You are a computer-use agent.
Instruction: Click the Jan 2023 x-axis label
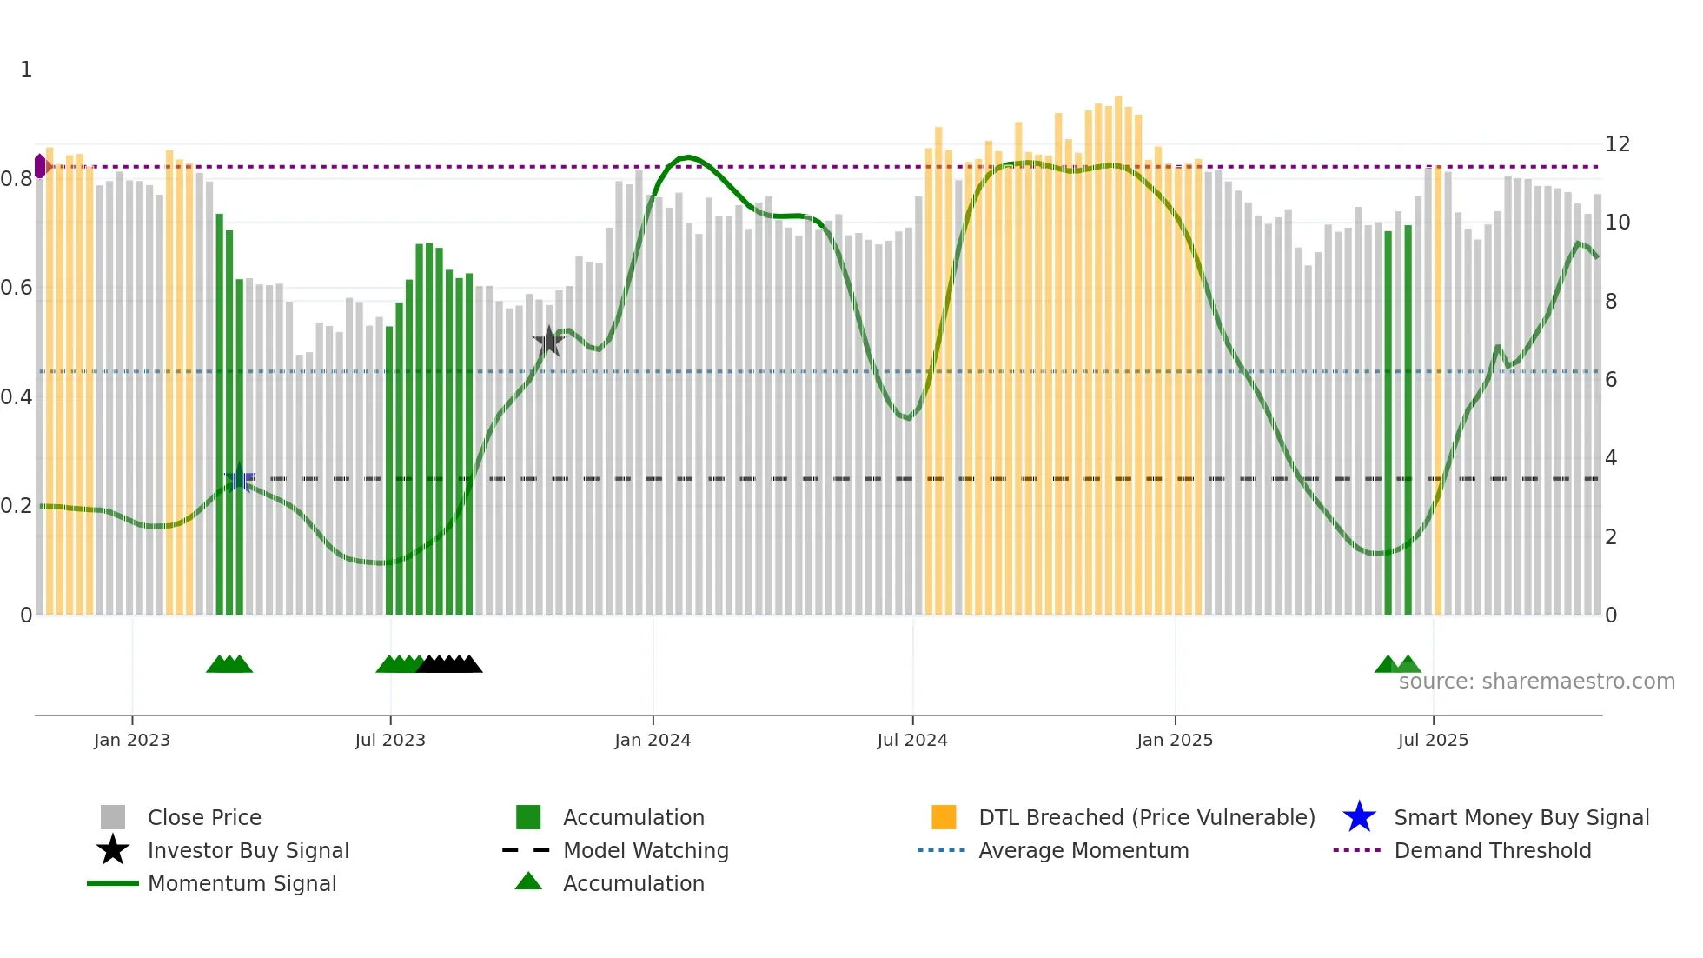132,740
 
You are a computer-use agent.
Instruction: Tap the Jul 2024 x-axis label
912,740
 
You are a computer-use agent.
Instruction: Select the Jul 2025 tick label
1433,740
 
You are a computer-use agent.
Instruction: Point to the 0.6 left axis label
17,288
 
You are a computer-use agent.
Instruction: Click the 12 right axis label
1617,144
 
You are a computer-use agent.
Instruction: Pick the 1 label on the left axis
26,70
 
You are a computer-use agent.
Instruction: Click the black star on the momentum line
549,342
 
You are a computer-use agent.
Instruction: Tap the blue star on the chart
239,478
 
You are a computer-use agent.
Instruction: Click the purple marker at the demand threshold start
40,166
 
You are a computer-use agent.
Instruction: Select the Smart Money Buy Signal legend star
1359,817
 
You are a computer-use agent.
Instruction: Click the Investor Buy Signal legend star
113,850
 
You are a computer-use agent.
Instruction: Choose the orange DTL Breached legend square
944,817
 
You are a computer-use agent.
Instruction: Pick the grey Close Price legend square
113,817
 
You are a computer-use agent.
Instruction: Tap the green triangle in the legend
528,881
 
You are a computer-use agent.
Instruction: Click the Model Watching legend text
646,850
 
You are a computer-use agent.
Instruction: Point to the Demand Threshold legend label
1493,850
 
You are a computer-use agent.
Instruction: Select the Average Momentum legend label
1083,850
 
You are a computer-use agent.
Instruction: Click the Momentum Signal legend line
113,883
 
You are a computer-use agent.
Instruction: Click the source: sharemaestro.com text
1536,681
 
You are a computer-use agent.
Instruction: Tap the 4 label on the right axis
1611,458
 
